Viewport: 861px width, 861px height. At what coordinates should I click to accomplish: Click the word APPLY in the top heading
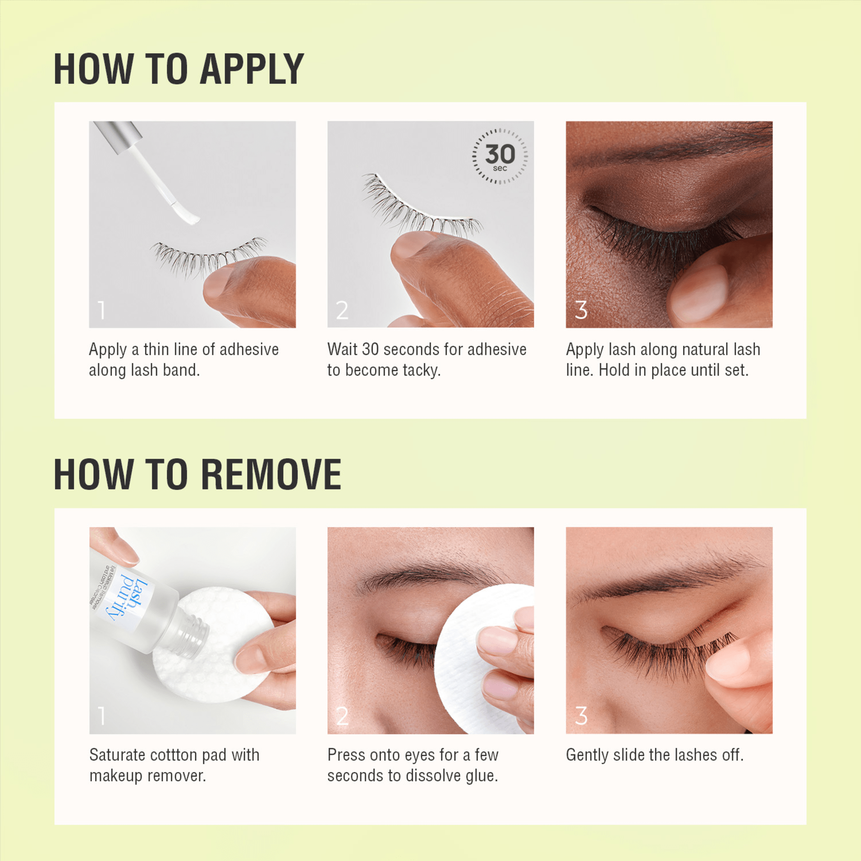[x=252, y=69]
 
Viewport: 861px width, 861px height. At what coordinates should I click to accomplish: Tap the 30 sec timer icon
[x=499, y=156]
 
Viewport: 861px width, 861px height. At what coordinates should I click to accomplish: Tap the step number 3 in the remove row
[x=581, y=716]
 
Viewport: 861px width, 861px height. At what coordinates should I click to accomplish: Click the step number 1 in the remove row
[x=102, y=716]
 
